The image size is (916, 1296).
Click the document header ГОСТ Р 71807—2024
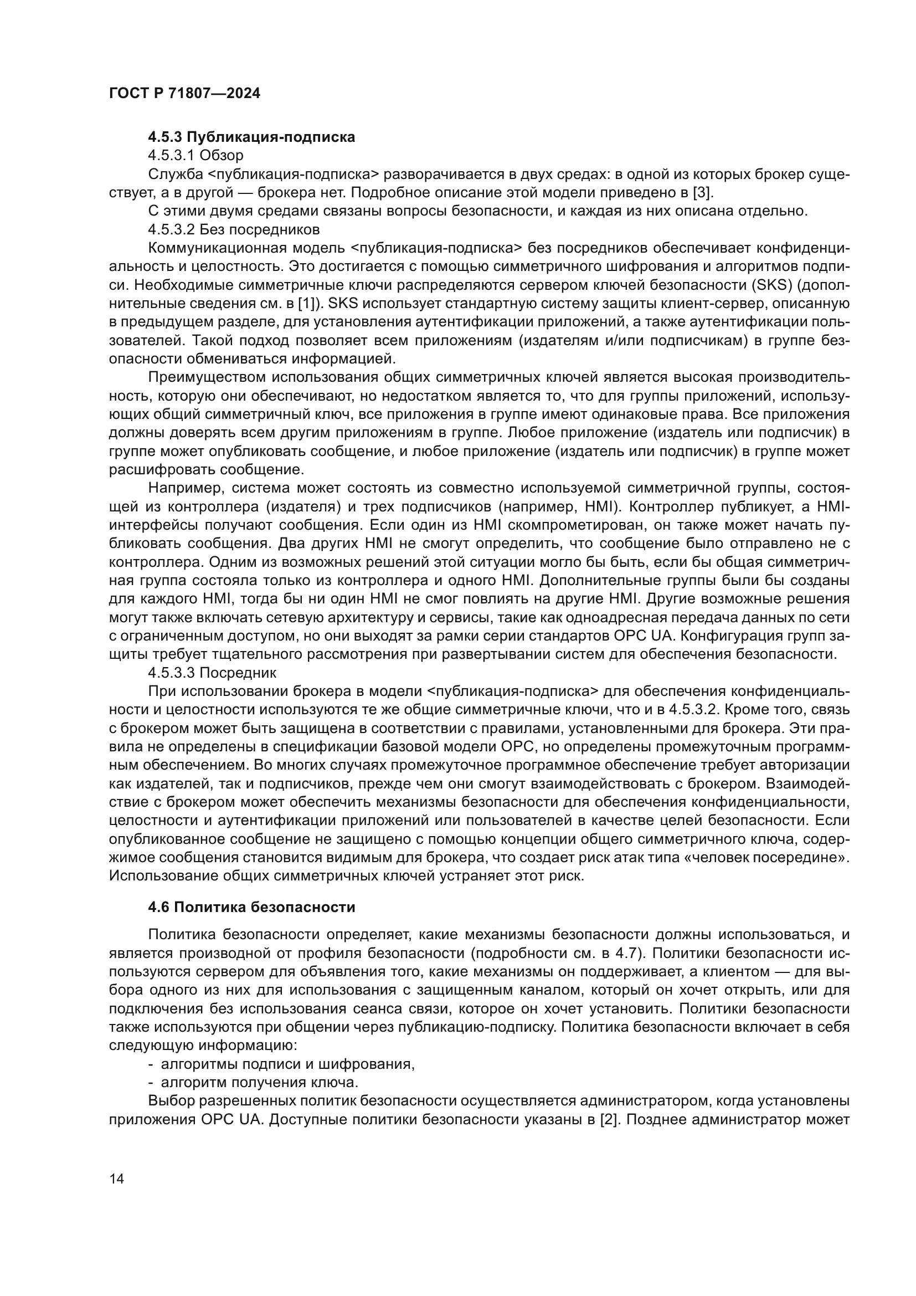click(x=184, y=94)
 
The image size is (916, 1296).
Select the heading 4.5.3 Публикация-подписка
click(x=251, y=137)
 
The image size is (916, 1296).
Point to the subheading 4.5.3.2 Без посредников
click(x=234, y=229)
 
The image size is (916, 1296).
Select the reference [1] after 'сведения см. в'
click(x=307, y=304)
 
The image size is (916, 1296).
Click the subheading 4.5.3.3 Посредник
click(x=212, y=673)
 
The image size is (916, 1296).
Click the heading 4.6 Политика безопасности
click(x=251, y=907)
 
